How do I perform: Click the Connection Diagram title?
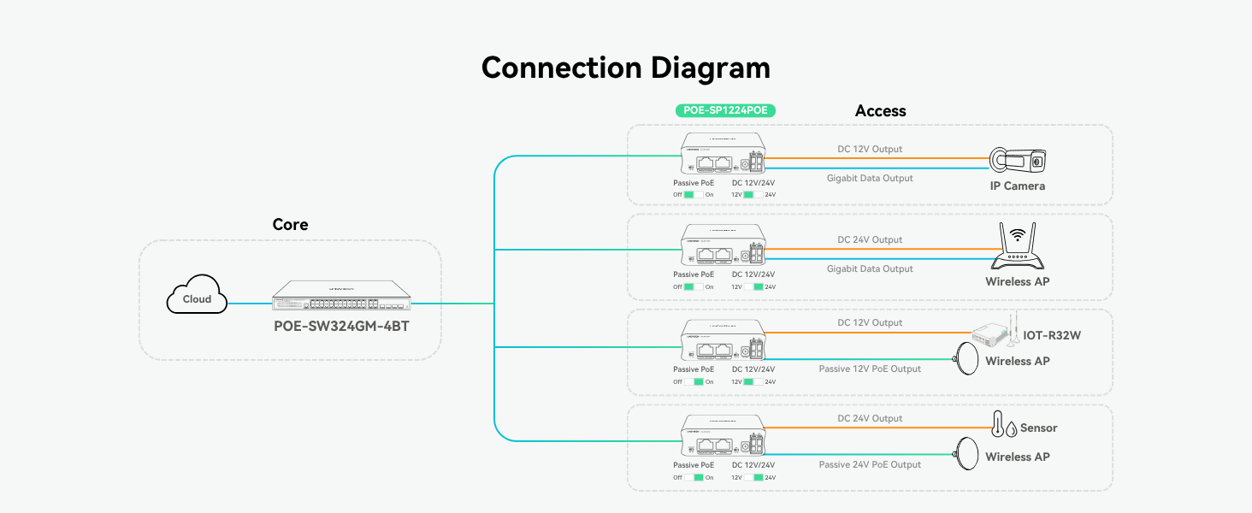pos(625,68)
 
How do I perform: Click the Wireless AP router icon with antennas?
pos(1017,248)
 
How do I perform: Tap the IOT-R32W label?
pos(1052,335)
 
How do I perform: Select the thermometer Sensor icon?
pos(998,425)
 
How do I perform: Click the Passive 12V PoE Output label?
pos(870,369)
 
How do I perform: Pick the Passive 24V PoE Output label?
pos(870,465)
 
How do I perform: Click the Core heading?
pos(290,225)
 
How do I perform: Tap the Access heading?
pos(880,111)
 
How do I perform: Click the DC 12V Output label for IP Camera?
pos(870,149)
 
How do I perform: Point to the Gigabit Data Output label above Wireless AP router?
pos(870,268)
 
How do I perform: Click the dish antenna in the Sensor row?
pos(967,453)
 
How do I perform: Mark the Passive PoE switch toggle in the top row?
pos(694,195)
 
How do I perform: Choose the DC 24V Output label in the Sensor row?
pos(870,418)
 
